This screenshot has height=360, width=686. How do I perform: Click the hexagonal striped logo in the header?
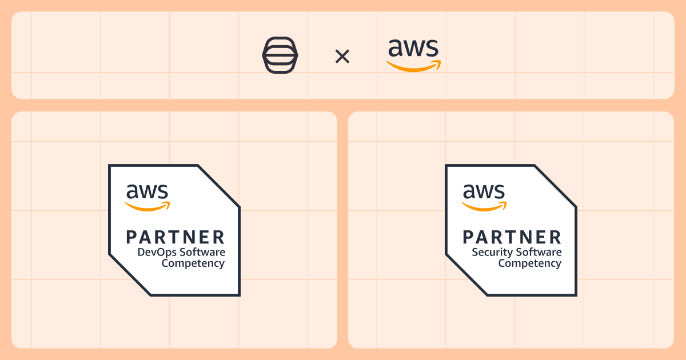click(x=280, y=55)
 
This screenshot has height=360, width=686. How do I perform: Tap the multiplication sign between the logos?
click(x=342, y=56)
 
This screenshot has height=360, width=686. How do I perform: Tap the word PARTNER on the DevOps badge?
click(x=176, y=237)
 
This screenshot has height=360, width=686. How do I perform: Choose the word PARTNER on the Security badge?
click(x=512, y=237)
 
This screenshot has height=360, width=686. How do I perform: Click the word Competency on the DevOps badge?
click(x=193, y=263)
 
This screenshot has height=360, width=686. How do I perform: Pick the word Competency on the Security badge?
click(x=530, y=263)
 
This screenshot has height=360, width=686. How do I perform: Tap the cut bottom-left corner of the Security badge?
click(x=466, y=275)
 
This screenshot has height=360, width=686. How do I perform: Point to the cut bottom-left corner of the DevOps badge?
click(x=130, y=275)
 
